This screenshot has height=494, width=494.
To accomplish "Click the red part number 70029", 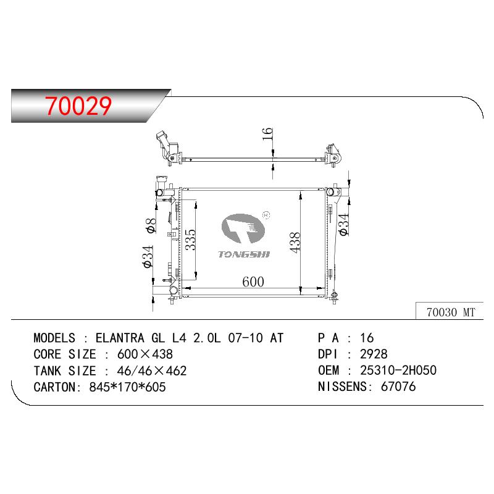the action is tap(78, 106).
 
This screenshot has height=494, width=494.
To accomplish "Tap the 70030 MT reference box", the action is tap(450, 311).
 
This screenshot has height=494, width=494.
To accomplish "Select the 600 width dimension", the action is tap(253, 282).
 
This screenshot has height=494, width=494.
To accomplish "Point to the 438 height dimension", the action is tap(295, 242).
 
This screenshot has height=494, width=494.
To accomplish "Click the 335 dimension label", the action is tap(190, 240).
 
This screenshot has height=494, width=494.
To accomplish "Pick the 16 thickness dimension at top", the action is tap(267, 134).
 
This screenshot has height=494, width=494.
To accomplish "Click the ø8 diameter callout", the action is tap(151, 225).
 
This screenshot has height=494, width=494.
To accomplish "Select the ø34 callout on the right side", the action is tap(344, 224).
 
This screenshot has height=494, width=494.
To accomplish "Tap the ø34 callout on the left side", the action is tap(148, 257).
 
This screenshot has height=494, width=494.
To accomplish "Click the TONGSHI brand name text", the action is tap(244, 254).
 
